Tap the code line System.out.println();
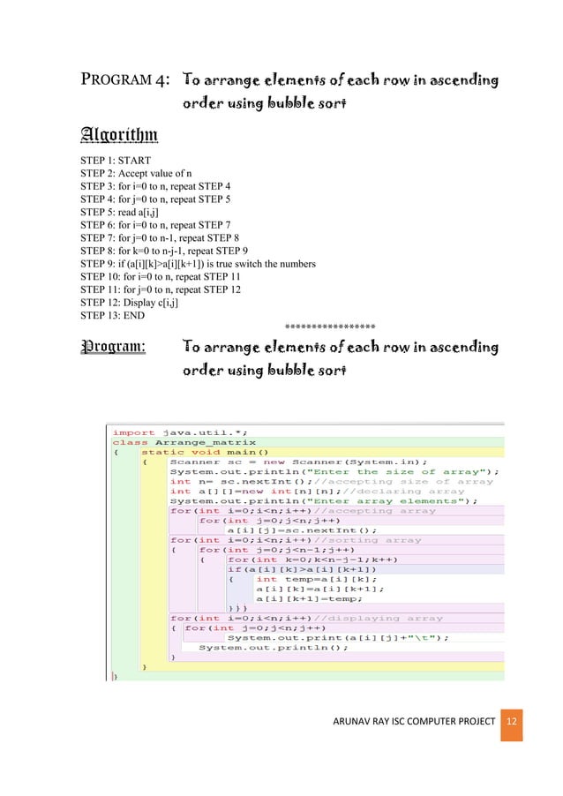pos(273,646)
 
